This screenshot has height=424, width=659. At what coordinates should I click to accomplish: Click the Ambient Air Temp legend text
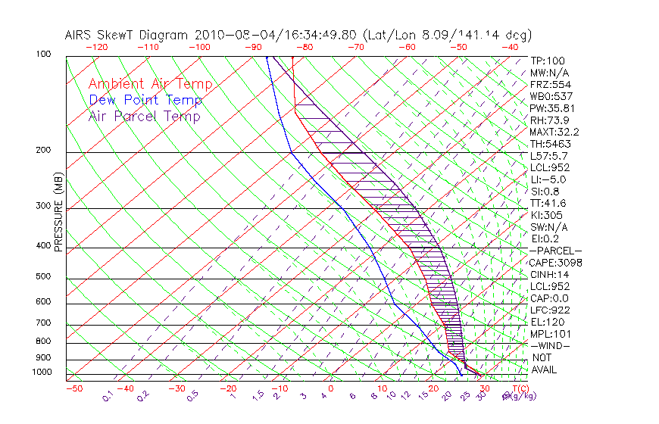click(x=150, y=85)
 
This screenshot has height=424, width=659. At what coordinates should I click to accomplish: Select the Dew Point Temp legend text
click(x=145, y=101)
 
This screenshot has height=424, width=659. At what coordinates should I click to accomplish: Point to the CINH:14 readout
click(x=549, y=274)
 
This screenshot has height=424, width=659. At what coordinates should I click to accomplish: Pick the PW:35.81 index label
click(x=552, y=108)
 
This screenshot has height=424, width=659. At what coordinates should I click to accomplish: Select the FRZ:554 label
click(x=550, y=85)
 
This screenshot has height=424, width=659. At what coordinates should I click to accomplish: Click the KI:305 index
click(x=546, y=215)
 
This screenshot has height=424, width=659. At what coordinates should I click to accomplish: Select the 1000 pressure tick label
click(x=42, y=372)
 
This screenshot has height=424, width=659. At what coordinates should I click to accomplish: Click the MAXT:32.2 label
click(x=554, y=132)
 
